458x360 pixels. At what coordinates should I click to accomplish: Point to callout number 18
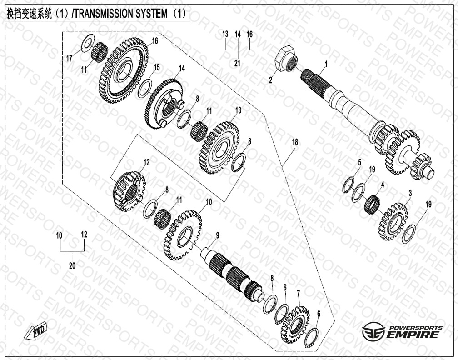(295, 142)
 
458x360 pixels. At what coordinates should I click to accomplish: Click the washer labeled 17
(87, 44)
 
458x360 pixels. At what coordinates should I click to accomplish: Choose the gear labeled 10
(182, 235)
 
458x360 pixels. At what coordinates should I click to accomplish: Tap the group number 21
(237, 63)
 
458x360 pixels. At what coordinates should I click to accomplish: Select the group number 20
(72, 266)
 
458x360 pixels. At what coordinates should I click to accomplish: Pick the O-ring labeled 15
(146, 86)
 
